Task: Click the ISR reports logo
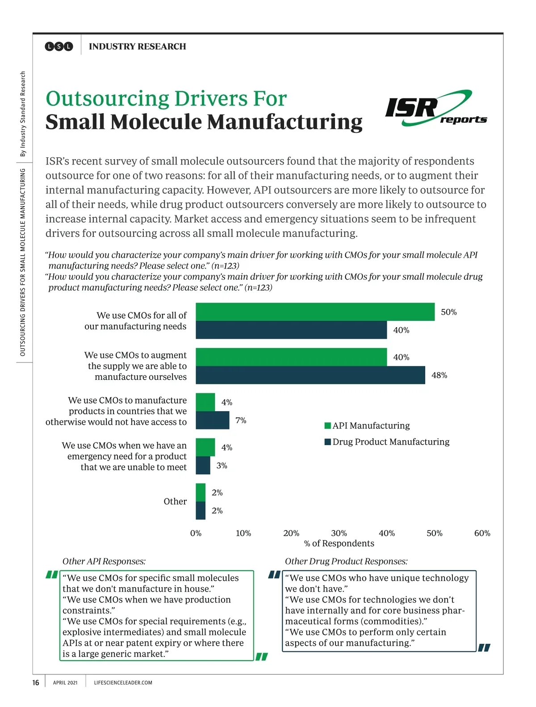(x=435, y=108)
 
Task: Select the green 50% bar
(x=315, y=312)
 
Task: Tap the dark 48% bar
(x=310, y=375)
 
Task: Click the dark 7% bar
(x=212, y=420)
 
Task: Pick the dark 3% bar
(x=203, y=465)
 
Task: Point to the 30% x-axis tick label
(x=339, y=533)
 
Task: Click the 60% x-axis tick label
(x=482, y=533)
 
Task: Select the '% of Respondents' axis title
(x=339, y=543)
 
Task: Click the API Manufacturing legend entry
(x=367, y=425)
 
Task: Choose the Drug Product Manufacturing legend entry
(x=387, y=442)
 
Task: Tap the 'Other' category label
(x=175, y=501)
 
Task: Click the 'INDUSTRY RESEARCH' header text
(x=138, y=46)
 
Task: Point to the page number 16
(x=36, y=682)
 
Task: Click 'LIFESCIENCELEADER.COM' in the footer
(x=123, y=683)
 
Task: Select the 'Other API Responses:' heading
(x=104, y=561)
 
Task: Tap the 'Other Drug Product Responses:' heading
(x=346, y=561)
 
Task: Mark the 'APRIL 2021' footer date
(x=65, y=683)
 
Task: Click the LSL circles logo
(x=59, y=46)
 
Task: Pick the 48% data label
(x=439, y=375)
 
